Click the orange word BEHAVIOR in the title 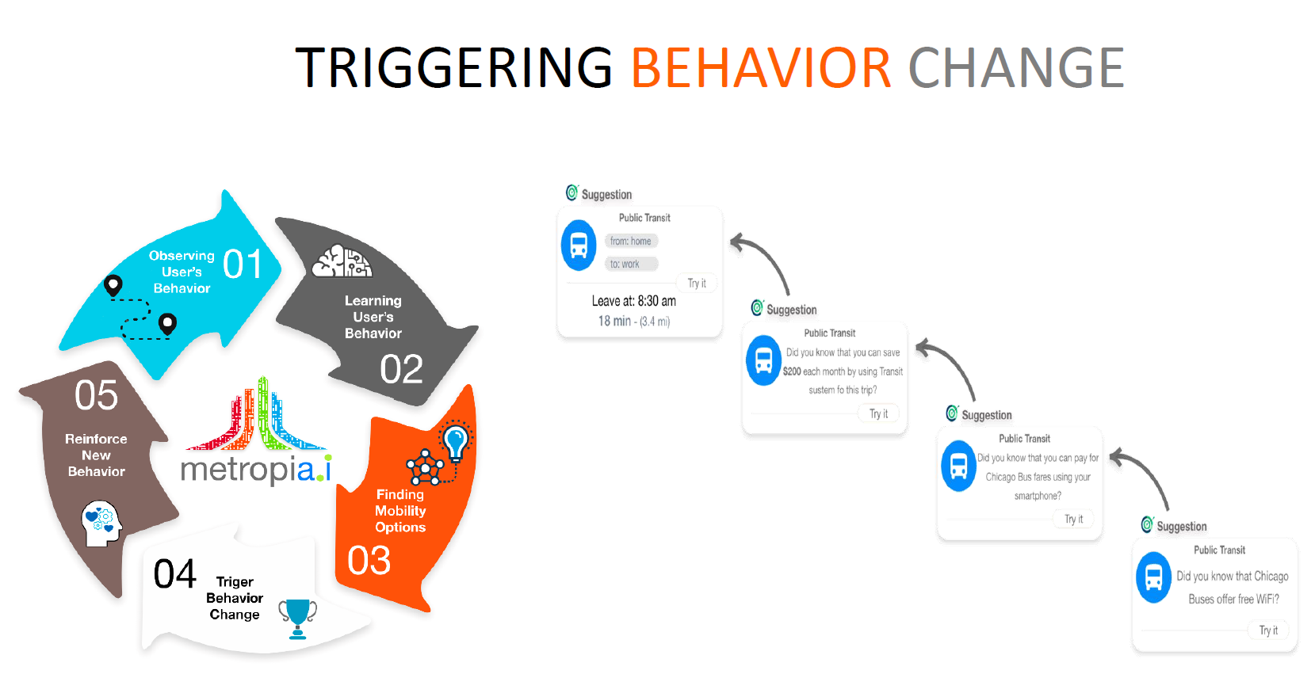pyautogui.click(x=761, y=68)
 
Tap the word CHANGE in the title pyautogui.click(x=1016, y=68)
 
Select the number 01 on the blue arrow pyautogui.click(x=243, y=264)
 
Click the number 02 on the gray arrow pyautogui.click(x=402, y=370)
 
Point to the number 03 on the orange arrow pyautogui.click(x=369, y=561)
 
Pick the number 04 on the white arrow pyautogui.click(x=174, y=574)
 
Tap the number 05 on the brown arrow pyautogui.click(x=96, y=395)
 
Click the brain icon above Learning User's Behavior pyautogui.click(x=342, y=261)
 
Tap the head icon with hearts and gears pyautogui.click(x=101, y=524)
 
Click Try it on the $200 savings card pyautogui.click(x=878, y=413)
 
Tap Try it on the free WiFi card pyautogui.click(x=1268, y=630)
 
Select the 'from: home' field pyautogui.click(x=631, y=241)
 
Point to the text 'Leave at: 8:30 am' pyautogui.click(x=634, y=302)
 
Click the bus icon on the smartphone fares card pyautogui.click(x=958, y=466)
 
